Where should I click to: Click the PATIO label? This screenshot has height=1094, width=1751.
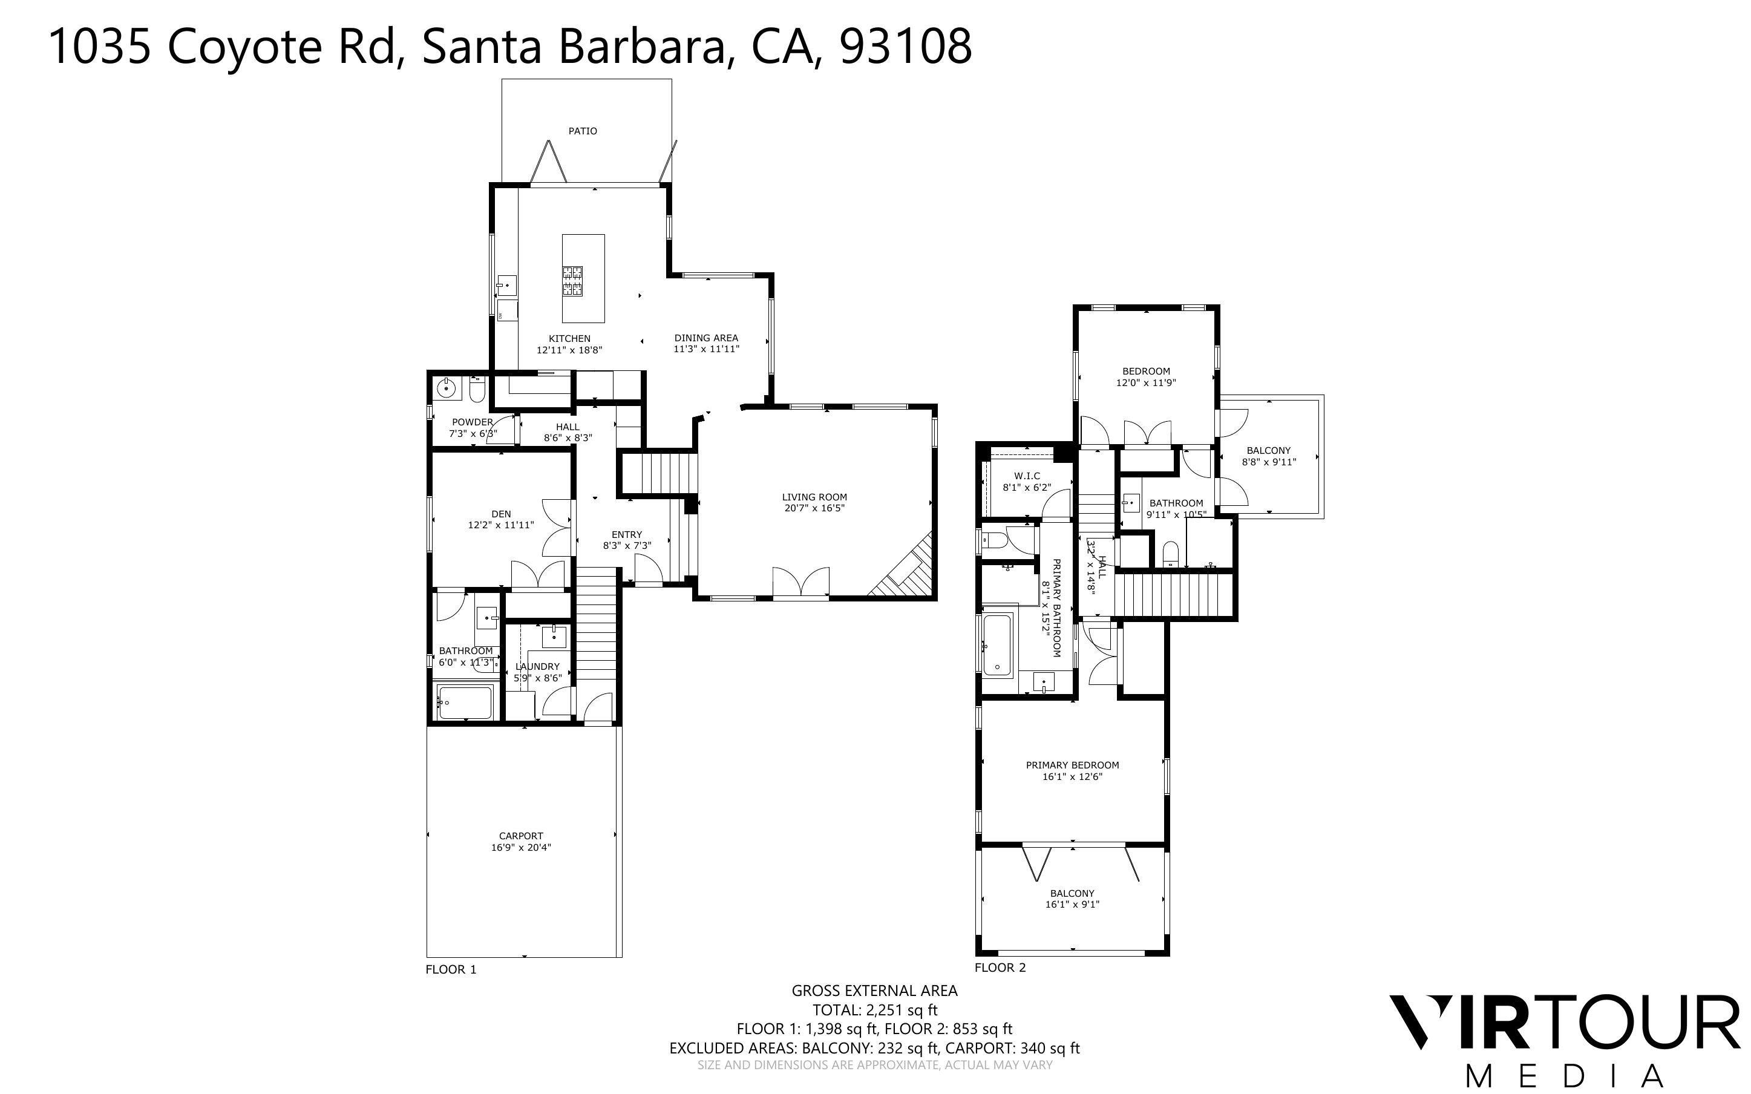582,131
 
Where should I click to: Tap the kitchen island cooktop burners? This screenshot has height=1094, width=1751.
573,281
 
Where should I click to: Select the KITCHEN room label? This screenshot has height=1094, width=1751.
569,338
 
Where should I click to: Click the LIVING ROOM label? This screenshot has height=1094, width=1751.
814,497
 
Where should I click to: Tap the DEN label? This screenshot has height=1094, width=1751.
500,514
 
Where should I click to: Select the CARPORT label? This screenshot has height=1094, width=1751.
521,836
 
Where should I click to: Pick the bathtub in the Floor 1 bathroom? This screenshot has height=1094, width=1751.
464,703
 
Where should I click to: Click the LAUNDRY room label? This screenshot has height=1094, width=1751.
537,666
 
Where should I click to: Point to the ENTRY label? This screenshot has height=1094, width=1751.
626,535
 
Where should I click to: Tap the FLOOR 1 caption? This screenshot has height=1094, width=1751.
451,969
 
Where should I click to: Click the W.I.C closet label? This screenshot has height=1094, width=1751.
1026,476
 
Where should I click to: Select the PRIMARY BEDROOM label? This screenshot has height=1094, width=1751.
1072,765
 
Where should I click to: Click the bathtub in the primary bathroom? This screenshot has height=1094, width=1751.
997,644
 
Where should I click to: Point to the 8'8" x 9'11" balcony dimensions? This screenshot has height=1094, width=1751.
1269,462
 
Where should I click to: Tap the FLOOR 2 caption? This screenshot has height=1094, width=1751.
1000,968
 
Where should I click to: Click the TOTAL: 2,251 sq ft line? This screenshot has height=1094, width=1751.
874,1009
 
